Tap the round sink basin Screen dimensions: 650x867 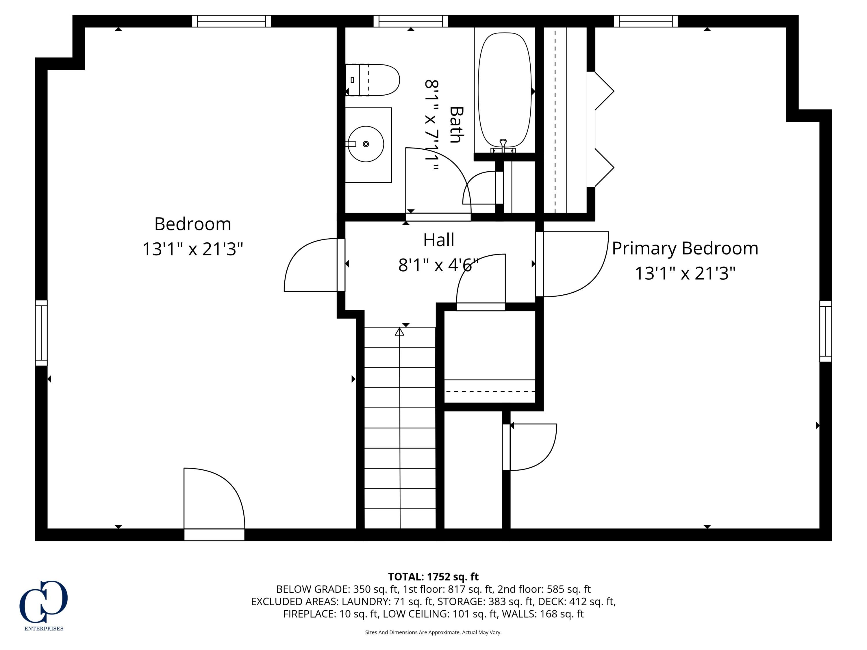[366, 144]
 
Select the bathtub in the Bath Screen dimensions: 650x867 [504, 90]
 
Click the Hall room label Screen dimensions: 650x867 [439, 240]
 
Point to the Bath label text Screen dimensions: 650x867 [456, 125]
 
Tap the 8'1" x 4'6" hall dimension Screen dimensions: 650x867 [438, 265]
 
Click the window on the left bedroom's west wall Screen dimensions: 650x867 [41, 333]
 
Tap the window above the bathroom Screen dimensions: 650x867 [410, 21]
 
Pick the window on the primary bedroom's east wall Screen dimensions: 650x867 [825, 331]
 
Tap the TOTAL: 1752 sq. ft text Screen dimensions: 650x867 [433, 577]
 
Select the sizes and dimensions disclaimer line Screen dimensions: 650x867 [433, 632]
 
